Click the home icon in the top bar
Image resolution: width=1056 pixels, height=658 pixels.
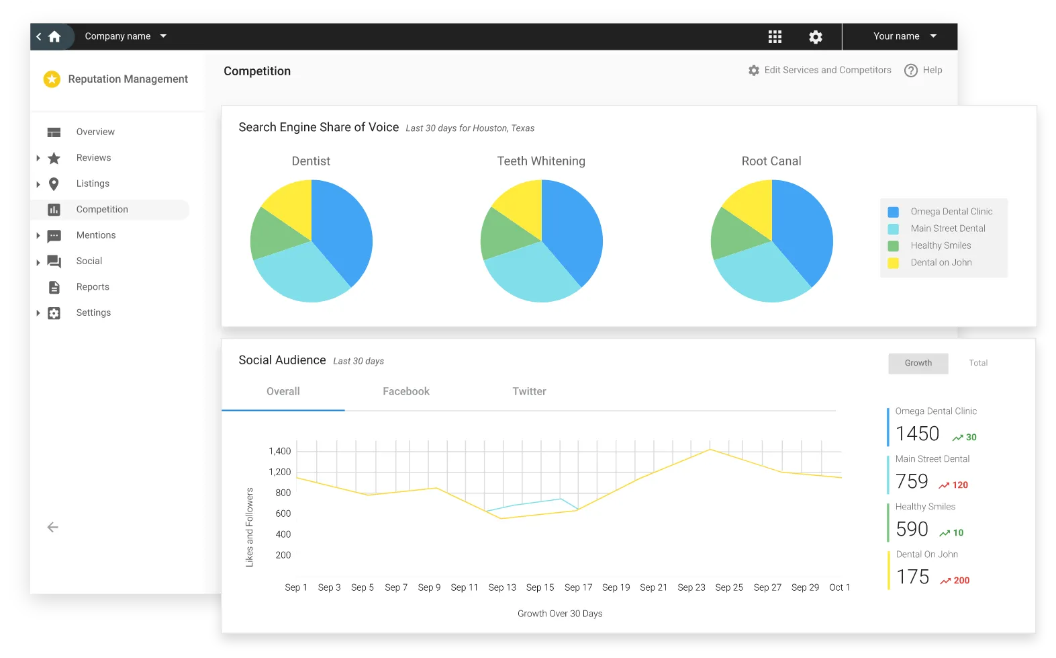click(55, 37)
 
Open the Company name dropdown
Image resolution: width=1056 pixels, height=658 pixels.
click(126, 36)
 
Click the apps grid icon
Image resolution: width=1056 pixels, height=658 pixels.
click(775, 37)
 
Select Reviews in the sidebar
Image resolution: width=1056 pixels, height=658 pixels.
click(93, 158)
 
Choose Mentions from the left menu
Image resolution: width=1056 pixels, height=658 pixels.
click(96, 235)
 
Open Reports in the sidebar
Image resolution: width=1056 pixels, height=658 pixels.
click(93, 287)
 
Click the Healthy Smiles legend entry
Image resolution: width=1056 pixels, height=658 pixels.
click(941, 245)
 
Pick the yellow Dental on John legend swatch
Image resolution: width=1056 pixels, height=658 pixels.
click(893, 263)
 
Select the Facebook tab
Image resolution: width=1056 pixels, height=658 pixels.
click(406, 391)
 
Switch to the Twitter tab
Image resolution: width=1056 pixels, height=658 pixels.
click(529, 391)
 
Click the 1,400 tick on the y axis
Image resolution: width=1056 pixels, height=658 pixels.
click(280, 451)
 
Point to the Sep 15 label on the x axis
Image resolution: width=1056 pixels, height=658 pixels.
click(540, 587)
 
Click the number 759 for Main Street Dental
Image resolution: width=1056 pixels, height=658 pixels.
click(912, 481)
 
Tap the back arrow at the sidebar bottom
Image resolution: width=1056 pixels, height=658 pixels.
click(53, 528)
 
